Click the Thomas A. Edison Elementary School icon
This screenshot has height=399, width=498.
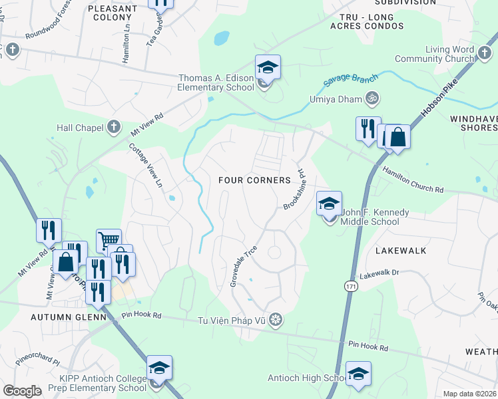[x=268, y=68]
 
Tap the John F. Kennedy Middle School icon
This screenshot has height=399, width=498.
[x=329, y=205]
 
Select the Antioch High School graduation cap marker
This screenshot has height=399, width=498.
[x=358, y=374]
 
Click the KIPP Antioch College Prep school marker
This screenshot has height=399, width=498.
[x=159, y=368]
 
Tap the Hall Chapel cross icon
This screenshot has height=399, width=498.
[x=114, y=126]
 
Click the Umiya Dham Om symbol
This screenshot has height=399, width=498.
[x=373, y=99]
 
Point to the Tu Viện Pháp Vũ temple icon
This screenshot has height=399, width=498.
[x=276, y=321]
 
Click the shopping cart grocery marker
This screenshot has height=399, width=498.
[x=109, y=239]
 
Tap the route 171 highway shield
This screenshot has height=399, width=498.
[x=351, y=285]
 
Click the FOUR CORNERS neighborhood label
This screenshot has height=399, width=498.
[x=254, y=180]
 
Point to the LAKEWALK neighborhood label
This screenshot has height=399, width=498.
[x=400, y=251]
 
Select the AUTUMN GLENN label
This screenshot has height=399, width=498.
[x=68, y=317]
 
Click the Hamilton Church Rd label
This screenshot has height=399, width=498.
[x=412, y=180]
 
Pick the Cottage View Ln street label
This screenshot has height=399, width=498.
[x=146, y=165]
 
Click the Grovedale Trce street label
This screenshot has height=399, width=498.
[x=244, y=266]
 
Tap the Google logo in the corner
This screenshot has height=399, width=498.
[x=23, y=391]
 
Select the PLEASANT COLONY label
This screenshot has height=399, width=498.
[x=113, y=14]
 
